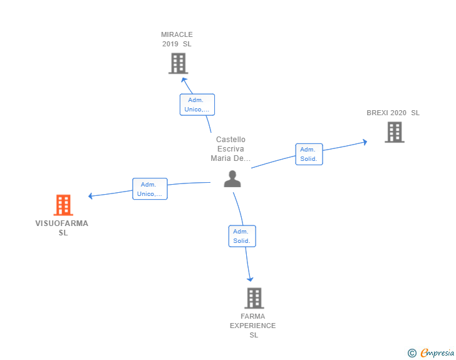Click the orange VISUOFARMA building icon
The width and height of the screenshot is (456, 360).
coord(63,205)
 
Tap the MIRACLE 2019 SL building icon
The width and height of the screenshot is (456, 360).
coord(179,63)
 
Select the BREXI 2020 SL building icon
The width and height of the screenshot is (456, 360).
coord(395,132)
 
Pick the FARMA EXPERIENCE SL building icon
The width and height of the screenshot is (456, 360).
coord(254,298)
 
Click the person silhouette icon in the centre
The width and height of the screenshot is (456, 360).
coord(232,178)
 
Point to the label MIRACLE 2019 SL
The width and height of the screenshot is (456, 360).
coord(177,39)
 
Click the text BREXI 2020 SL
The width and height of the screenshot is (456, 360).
coord(393,113)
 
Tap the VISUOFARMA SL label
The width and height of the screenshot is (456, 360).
coord(62,228)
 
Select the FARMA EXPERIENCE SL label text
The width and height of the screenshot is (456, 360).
coord(253,326)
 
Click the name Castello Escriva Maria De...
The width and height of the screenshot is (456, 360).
coord(231,149)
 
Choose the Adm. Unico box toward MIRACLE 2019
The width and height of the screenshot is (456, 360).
coord(197,105)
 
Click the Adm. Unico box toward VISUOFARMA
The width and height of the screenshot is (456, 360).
coord(150,189)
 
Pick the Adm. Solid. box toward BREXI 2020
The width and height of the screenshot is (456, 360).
coord(309,154)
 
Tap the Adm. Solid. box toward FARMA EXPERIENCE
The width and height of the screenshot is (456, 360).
coord(242,236)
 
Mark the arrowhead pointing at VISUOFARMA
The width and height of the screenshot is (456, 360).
coord(91,196)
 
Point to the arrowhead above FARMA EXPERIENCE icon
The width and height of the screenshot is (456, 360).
coord(251,279)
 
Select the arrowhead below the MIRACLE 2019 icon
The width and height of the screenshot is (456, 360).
coord(184,80)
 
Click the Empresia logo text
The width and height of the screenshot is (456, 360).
coord(437,353)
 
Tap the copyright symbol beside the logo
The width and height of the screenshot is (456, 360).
coord(412,353)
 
